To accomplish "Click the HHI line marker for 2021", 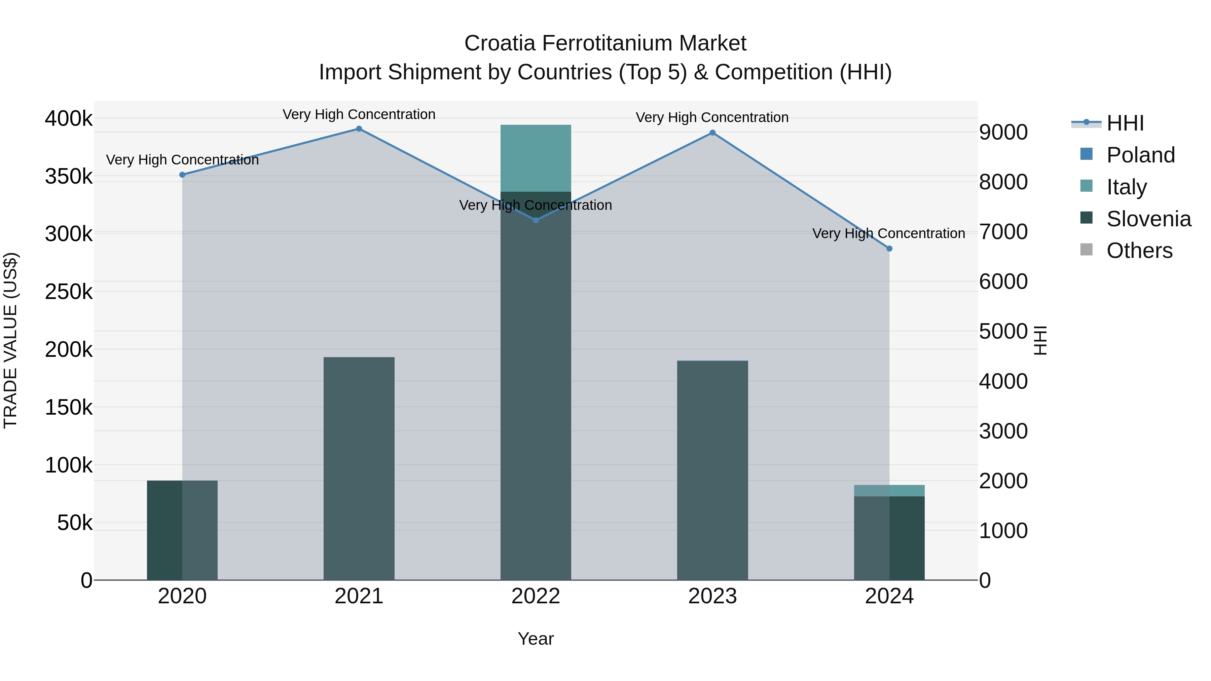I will [x=359, y=129].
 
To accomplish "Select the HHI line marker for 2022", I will [x=536, y=220].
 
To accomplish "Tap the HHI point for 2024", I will [x=889, y=249].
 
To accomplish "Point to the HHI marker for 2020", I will [x=182, y=175].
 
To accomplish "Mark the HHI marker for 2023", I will [x=712, y=133].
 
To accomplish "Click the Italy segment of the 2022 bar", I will [x=536, y=158].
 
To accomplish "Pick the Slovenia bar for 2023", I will [x=712, y=470].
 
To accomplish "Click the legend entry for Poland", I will [x=1140, y=155].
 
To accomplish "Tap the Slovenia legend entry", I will [x=1148, y=219].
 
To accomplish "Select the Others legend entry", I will [x=1139, y=251].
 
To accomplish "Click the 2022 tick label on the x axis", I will [x=536, y=596].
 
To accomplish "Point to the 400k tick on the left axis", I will [x=69, y=118].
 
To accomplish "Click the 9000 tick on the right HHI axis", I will [x=1003, y=133].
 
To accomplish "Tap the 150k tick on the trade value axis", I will [x=69, y=408].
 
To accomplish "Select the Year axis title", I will [x=536, y=639].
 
